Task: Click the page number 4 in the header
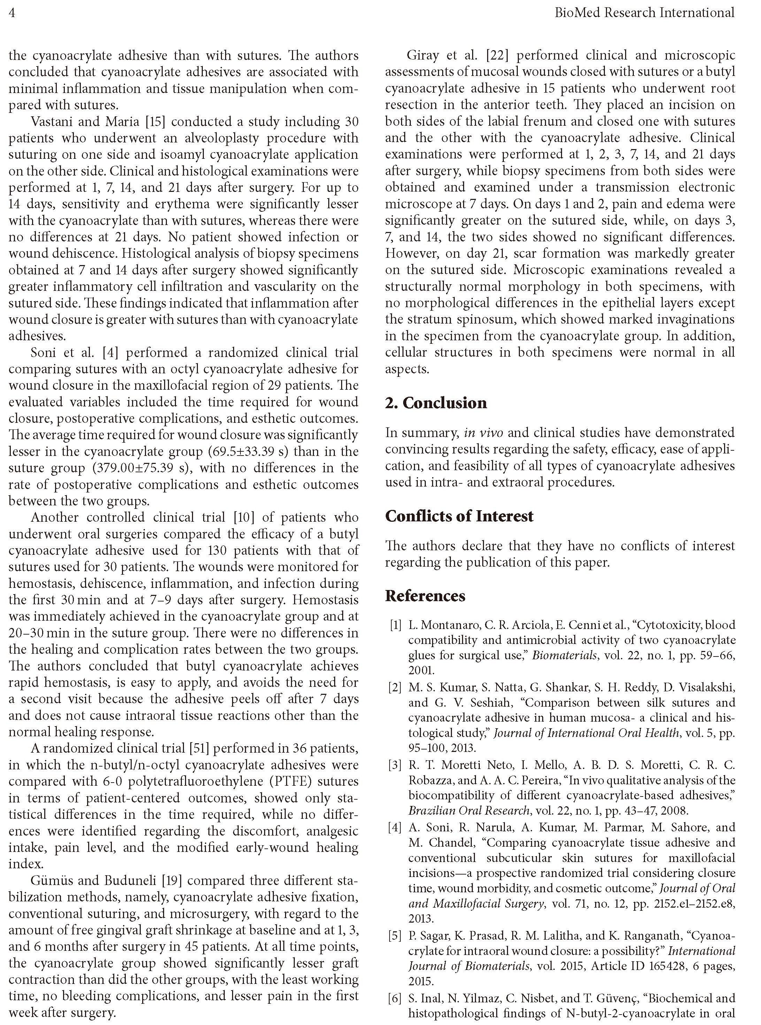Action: [12, 13]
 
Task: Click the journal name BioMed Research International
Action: [644, 13]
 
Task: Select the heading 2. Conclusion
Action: [436, 403]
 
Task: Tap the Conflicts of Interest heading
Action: [459, 516]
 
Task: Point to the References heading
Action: [425, 596]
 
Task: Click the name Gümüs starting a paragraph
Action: [50, 880]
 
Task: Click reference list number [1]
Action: [395, 625]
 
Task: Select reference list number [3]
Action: [395, 765]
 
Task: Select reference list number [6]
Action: [395, 997]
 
